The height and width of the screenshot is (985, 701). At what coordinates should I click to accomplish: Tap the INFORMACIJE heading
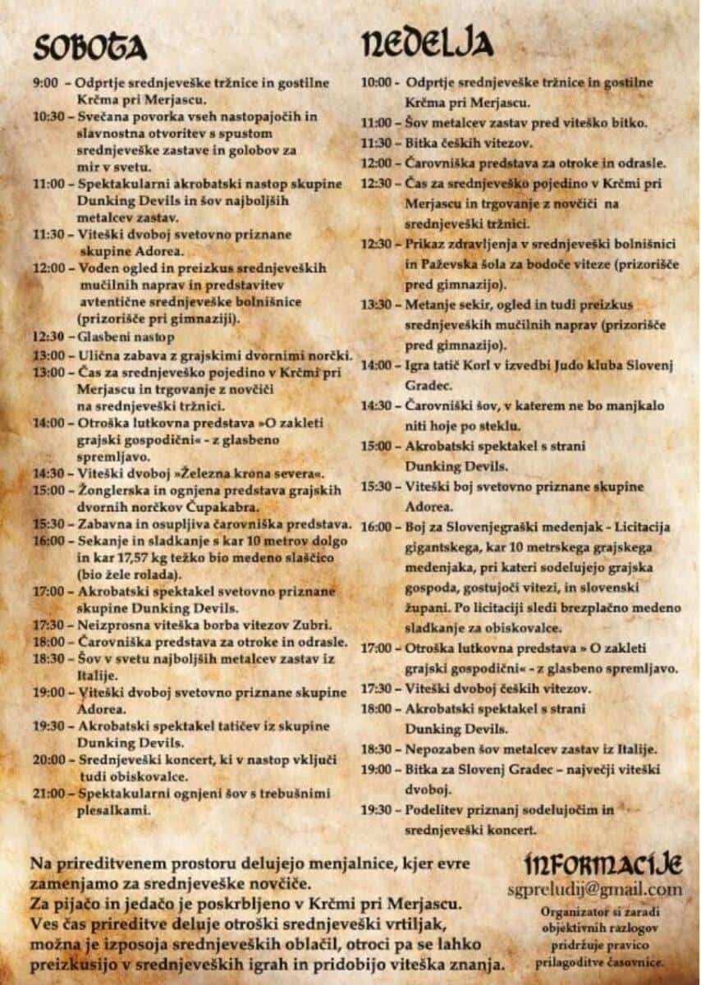603,864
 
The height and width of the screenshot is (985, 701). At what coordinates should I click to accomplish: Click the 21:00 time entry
48,794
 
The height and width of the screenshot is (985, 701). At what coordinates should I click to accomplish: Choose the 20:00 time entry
48,760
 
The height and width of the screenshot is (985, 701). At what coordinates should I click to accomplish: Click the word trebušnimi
293,794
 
